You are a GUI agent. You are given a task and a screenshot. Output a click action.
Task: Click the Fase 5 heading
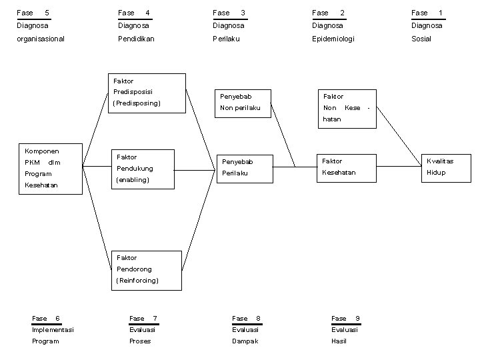pos(33,13)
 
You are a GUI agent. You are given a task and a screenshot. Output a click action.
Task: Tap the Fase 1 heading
pos(427,13)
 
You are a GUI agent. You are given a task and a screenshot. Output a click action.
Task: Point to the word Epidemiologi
pos(333,39)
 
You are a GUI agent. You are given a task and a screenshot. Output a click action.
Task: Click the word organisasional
pos(41,39)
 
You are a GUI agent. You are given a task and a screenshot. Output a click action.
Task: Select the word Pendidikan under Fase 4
pos(136,39)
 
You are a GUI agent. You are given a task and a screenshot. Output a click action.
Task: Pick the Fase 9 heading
pos(345,319)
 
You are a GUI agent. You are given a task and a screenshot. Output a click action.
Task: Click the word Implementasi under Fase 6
pos(53,330)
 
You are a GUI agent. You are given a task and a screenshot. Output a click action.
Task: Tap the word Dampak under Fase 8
pos(245,341)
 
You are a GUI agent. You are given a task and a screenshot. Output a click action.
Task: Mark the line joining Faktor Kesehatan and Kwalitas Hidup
pos(399,167)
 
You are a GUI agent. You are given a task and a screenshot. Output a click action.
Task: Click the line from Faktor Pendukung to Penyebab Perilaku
pos(195,170)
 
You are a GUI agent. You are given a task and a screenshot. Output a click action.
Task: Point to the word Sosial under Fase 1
pos(421,39)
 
